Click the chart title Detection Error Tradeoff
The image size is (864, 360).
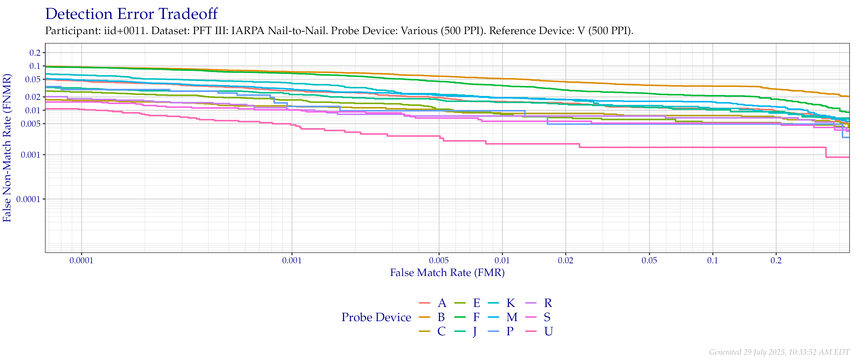(x=132, y=14)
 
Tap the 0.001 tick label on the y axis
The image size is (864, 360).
(x=31, y=155)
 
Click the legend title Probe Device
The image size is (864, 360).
(x=376, y=317)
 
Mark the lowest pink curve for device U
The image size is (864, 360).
(x=671, y=147)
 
